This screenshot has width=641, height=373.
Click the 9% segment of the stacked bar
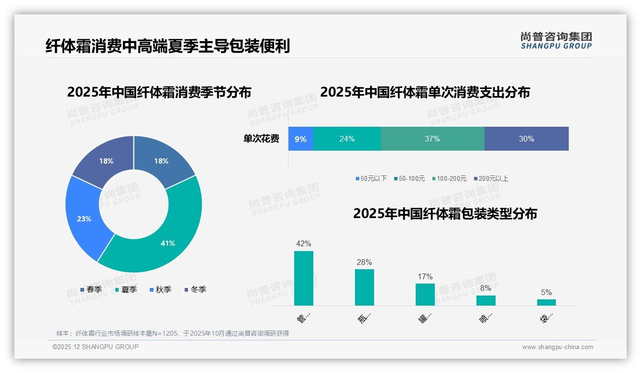click(300, 139)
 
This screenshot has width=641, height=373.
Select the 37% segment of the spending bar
click(432, 139)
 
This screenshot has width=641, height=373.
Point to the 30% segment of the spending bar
click(526, 139)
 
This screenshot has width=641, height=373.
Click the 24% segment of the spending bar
click(347, 139)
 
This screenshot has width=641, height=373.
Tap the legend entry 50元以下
click(371, 178)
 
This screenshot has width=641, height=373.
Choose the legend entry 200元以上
click(491, 178)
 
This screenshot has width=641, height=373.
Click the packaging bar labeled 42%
click(303, 278)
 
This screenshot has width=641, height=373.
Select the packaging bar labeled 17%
click(425, 294)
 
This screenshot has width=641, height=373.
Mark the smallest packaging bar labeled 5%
click(546, 302)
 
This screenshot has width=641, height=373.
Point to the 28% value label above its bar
click(364, 262)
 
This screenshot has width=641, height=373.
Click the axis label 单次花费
click(261, 139)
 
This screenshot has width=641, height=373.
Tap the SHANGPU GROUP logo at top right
click(556, 41)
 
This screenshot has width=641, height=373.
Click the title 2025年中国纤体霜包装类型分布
click(445, 214)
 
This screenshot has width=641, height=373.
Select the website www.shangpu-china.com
click(557, 347)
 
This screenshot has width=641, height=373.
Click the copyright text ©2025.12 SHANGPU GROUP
click(96, 347)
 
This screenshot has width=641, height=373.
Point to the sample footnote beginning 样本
click(172, 333)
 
